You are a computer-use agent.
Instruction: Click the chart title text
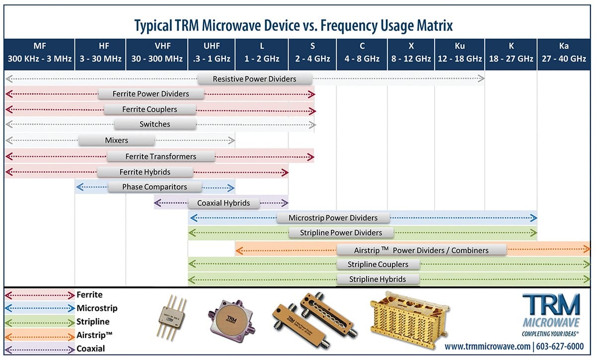(x=294, y=25)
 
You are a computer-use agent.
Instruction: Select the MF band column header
(x=39, y=52)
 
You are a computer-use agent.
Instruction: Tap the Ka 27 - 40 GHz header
(x=564, y=52)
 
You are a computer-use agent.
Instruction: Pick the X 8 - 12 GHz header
(x=411, y=52)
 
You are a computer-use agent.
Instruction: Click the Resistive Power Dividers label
(x=254, y=78)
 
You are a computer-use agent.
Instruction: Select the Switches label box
(x=155, y=124)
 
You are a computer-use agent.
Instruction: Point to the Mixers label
(x=117, y=140)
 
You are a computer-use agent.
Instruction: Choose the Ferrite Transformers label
(x=161, y=156)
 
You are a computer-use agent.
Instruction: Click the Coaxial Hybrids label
(x=223, y=203)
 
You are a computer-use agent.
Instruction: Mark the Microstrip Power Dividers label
(x=333, y=217)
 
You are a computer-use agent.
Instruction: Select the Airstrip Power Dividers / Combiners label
(x=422, y=250)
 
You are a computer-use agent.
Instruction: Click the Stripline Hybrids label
(x=377, y=279)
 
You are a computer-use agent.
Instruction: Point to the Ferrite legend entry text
(x=89, y=295)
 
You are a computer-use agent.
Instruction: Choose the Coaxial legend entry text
(x=91, y=349)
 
